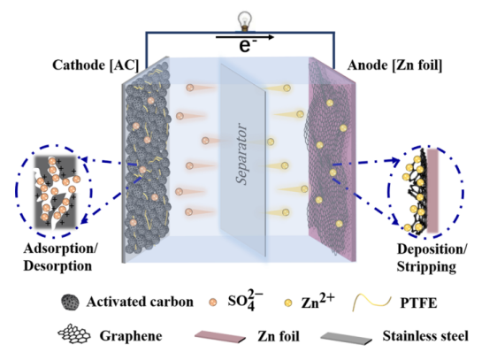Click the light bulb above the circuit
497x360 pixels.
point(245,21)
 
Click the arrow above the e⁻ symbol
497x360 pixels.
point(245,37)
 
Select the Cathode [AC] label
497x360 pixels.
point(96,65)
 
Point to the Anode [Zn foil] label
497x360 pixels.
point(394,65)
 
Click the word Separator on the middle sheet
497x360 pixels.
point(241,154)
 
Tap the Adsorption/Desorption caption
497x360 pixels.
point(60,257)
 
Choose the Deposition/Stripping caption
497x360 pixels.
point(432,257)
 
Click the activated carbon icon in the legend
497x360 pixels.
point(70,303)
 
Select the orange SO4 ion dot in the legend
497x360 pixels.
point(213,302)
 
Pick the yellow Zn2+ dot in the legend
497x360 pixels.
point(287,303)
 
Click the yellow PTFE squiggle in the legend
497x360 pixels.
point(371,302)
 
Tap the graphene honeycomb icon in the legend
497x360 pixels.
point(74,334)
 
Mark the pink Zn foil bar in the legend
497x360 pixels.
point(220,336)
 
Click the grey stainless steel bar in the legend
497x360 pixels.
point(346,338)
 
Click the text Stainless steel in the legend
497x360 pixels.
point(425,336)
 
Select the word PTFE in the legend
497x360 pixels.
point(418,303)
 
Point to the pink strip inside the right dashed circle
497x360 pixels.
point(432,191)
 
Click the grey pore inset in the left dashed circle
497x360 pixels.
point(56,192)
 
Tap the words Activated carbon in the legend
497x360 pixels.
point(140,302)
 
